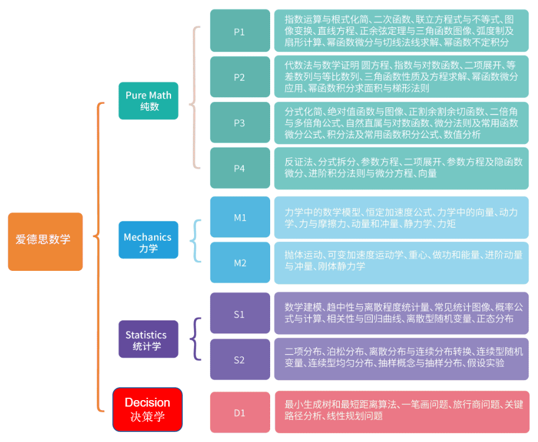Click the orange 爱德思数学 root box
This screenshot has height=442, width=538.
click(x=45, y=241)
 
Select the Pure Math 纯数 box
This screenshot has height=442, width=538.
click(x=148, y=101)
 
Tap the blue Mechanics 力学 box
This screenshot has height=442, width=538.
click(x=148, y=240)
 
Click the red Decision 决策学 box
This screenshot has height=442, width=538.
click(x=147, y=409)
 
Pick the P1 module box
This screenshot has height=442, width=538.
click(x=240, y=31)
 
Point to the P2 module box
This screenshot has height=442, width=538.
click(x=240, y=77)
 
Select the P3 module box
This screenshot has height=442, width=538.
click(x=240, y=123)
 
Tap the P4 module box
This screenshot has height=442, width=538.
click(x=240, y=168)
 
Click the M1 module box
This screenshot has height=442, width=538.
click(x=240, y=217)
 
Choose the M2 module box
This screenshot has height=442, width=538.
click(x=240, y=263)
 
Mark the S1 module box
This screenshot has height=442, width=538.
click(x=240, y=314)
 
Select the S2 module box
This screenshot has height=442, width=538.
click(x=240, y=359)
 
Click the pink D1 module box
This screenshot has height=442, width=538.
click(x=240, y=412)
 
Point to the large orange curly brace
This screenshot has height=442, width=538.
click(x=99, y=257)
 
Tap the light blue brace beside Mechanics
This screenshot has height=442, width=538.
click(x=196, y=240)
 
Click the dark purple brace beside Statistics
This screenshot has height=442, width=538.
click(x=196, y=339)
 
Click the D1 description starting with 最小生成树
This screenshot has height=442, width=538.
click(x=401, y=411)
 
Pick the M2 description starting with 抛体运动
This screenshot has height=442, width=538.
click(x=401, y=261)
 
